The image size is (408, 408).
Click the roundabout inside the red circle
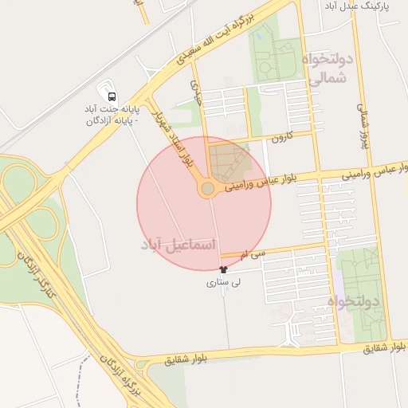tap(208, 189)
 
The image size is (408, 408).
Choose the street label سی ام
tap(256, 253)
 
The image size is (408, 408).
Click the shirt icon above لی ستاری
tap(211, 270)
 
